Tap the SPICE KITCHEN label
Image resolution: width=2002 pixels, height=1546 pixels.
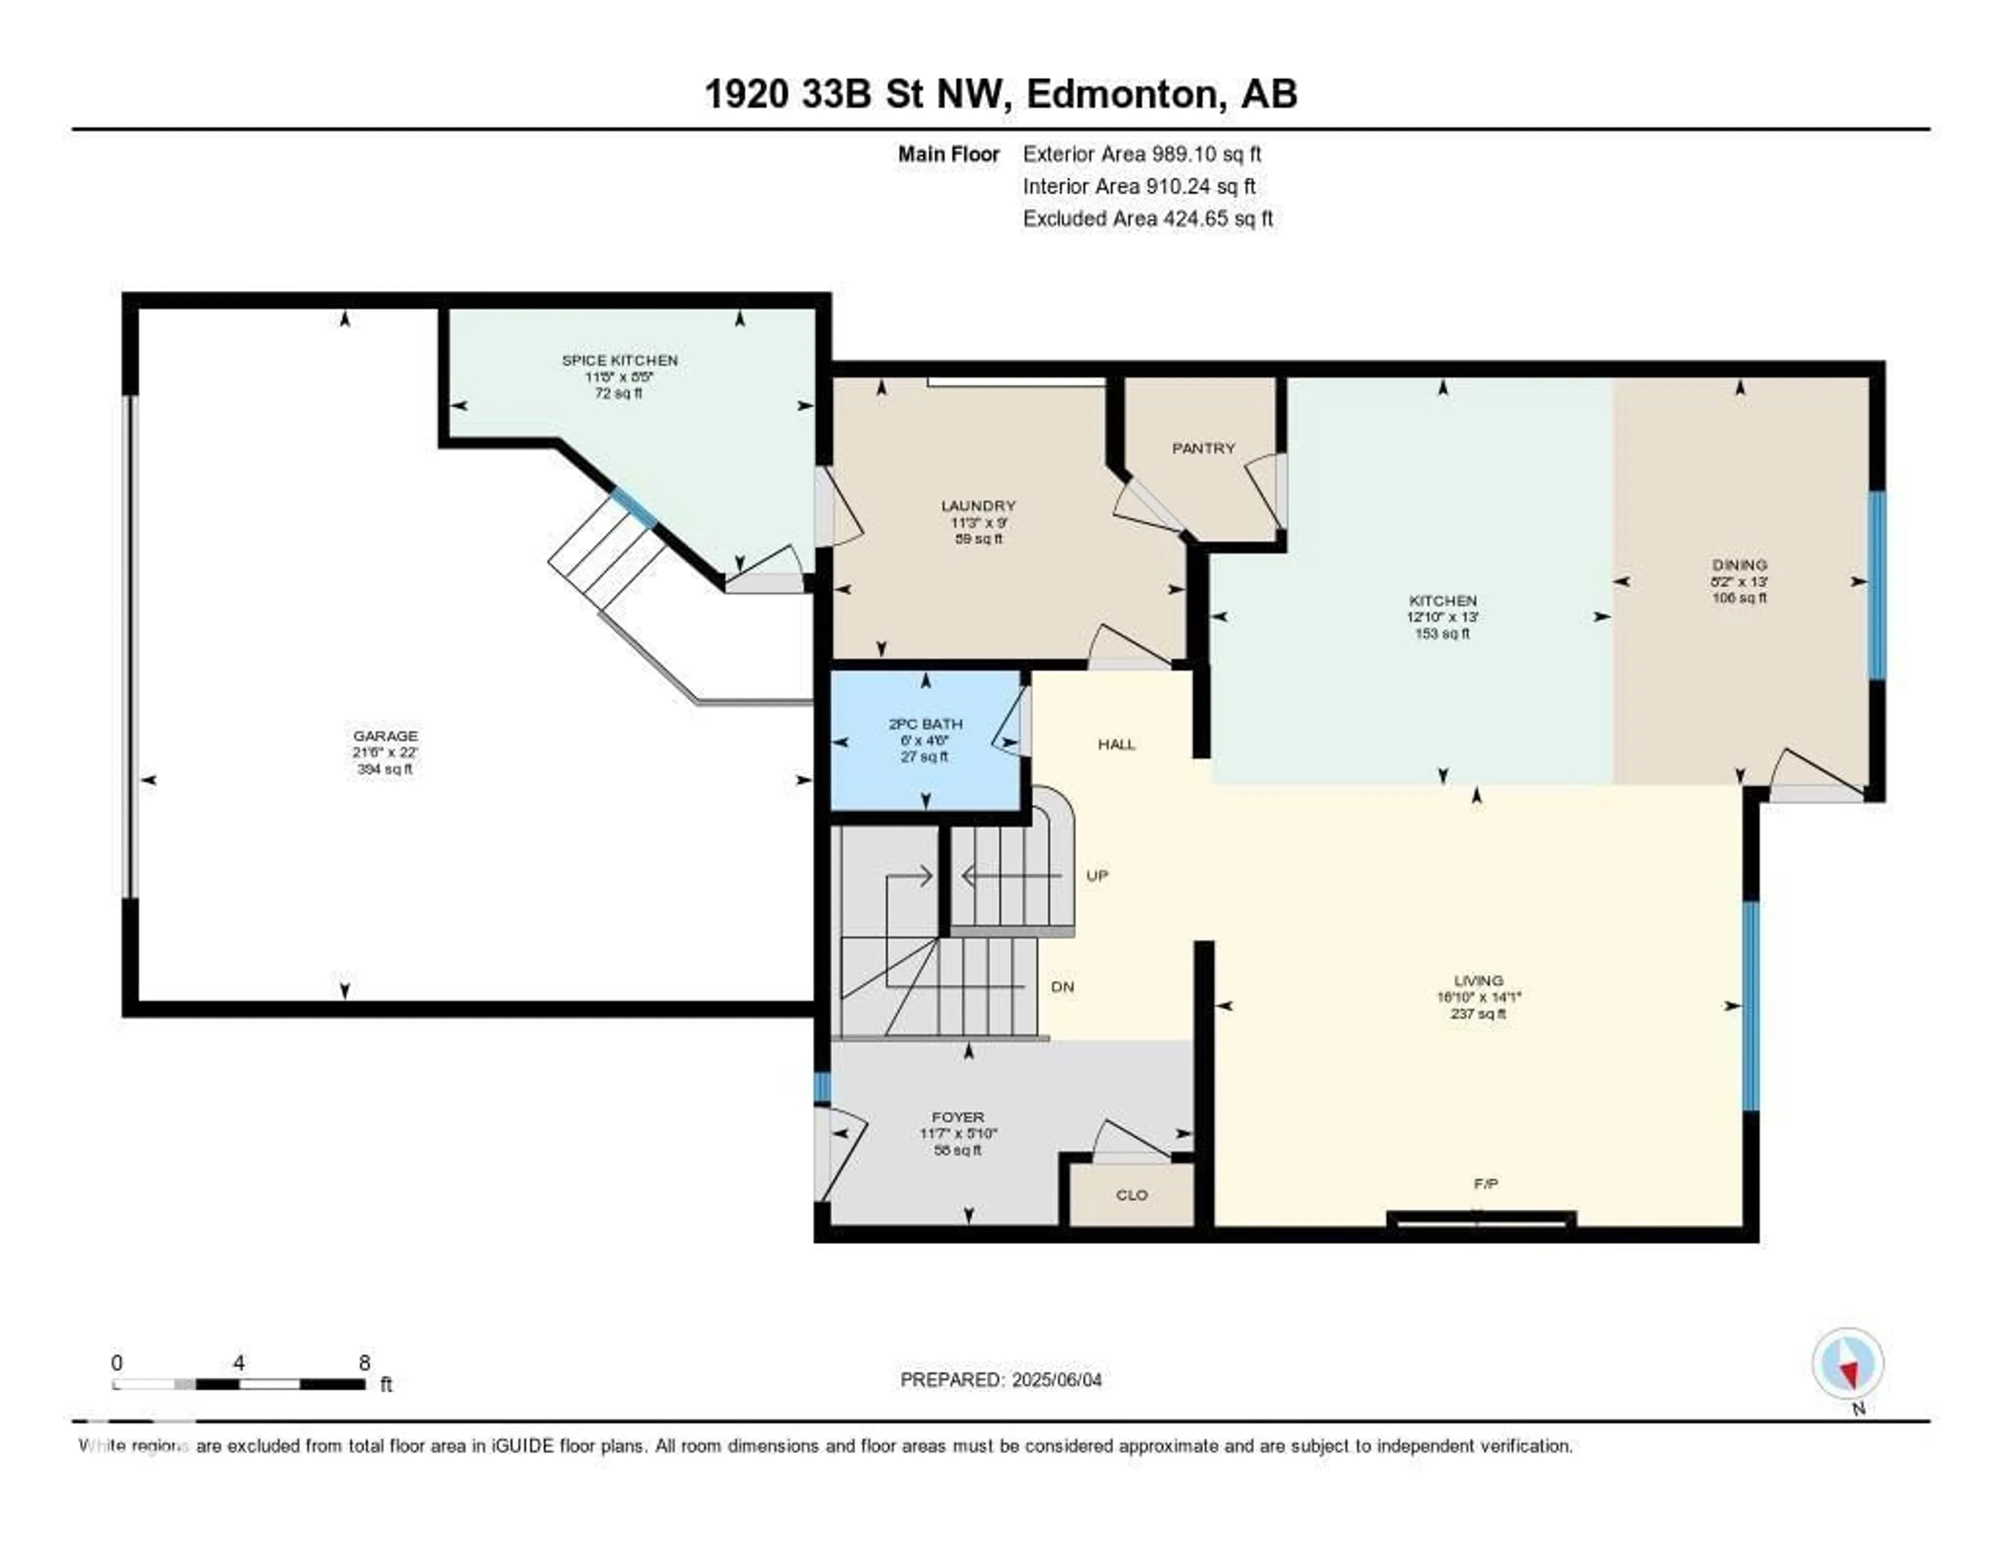click(x=620, y=360)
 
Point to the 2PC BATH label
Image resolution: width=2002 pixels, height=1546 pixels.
click(x=925, y=724)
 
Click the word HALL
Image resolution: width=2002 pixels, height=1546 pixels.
click(x=1117, y=744)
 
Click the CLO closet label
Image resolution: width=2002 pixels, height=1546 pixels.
click(x=1131, y=1195)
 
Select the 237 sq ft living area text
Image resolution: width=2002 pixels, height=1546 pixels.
click(x=1478, y=1014)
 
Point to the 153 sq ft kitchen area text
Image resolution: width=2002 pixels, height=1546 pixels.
click(x=1442, y=633)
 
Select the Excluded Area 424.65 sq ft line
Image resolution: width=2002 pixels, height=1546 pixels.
click(x=1148, y=219)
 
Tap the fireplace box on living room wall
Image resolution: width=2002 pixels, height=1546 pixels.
click(x=1481, y=1219)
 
